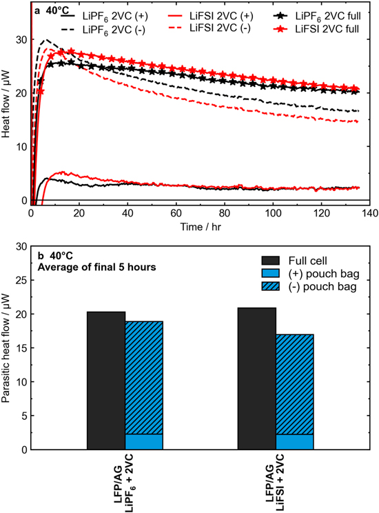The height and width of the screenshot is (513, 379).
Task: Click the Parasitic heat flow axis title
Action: point(8,348)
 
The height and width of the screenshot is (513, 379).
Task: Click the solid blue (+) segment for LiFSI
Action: point(294,442)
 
